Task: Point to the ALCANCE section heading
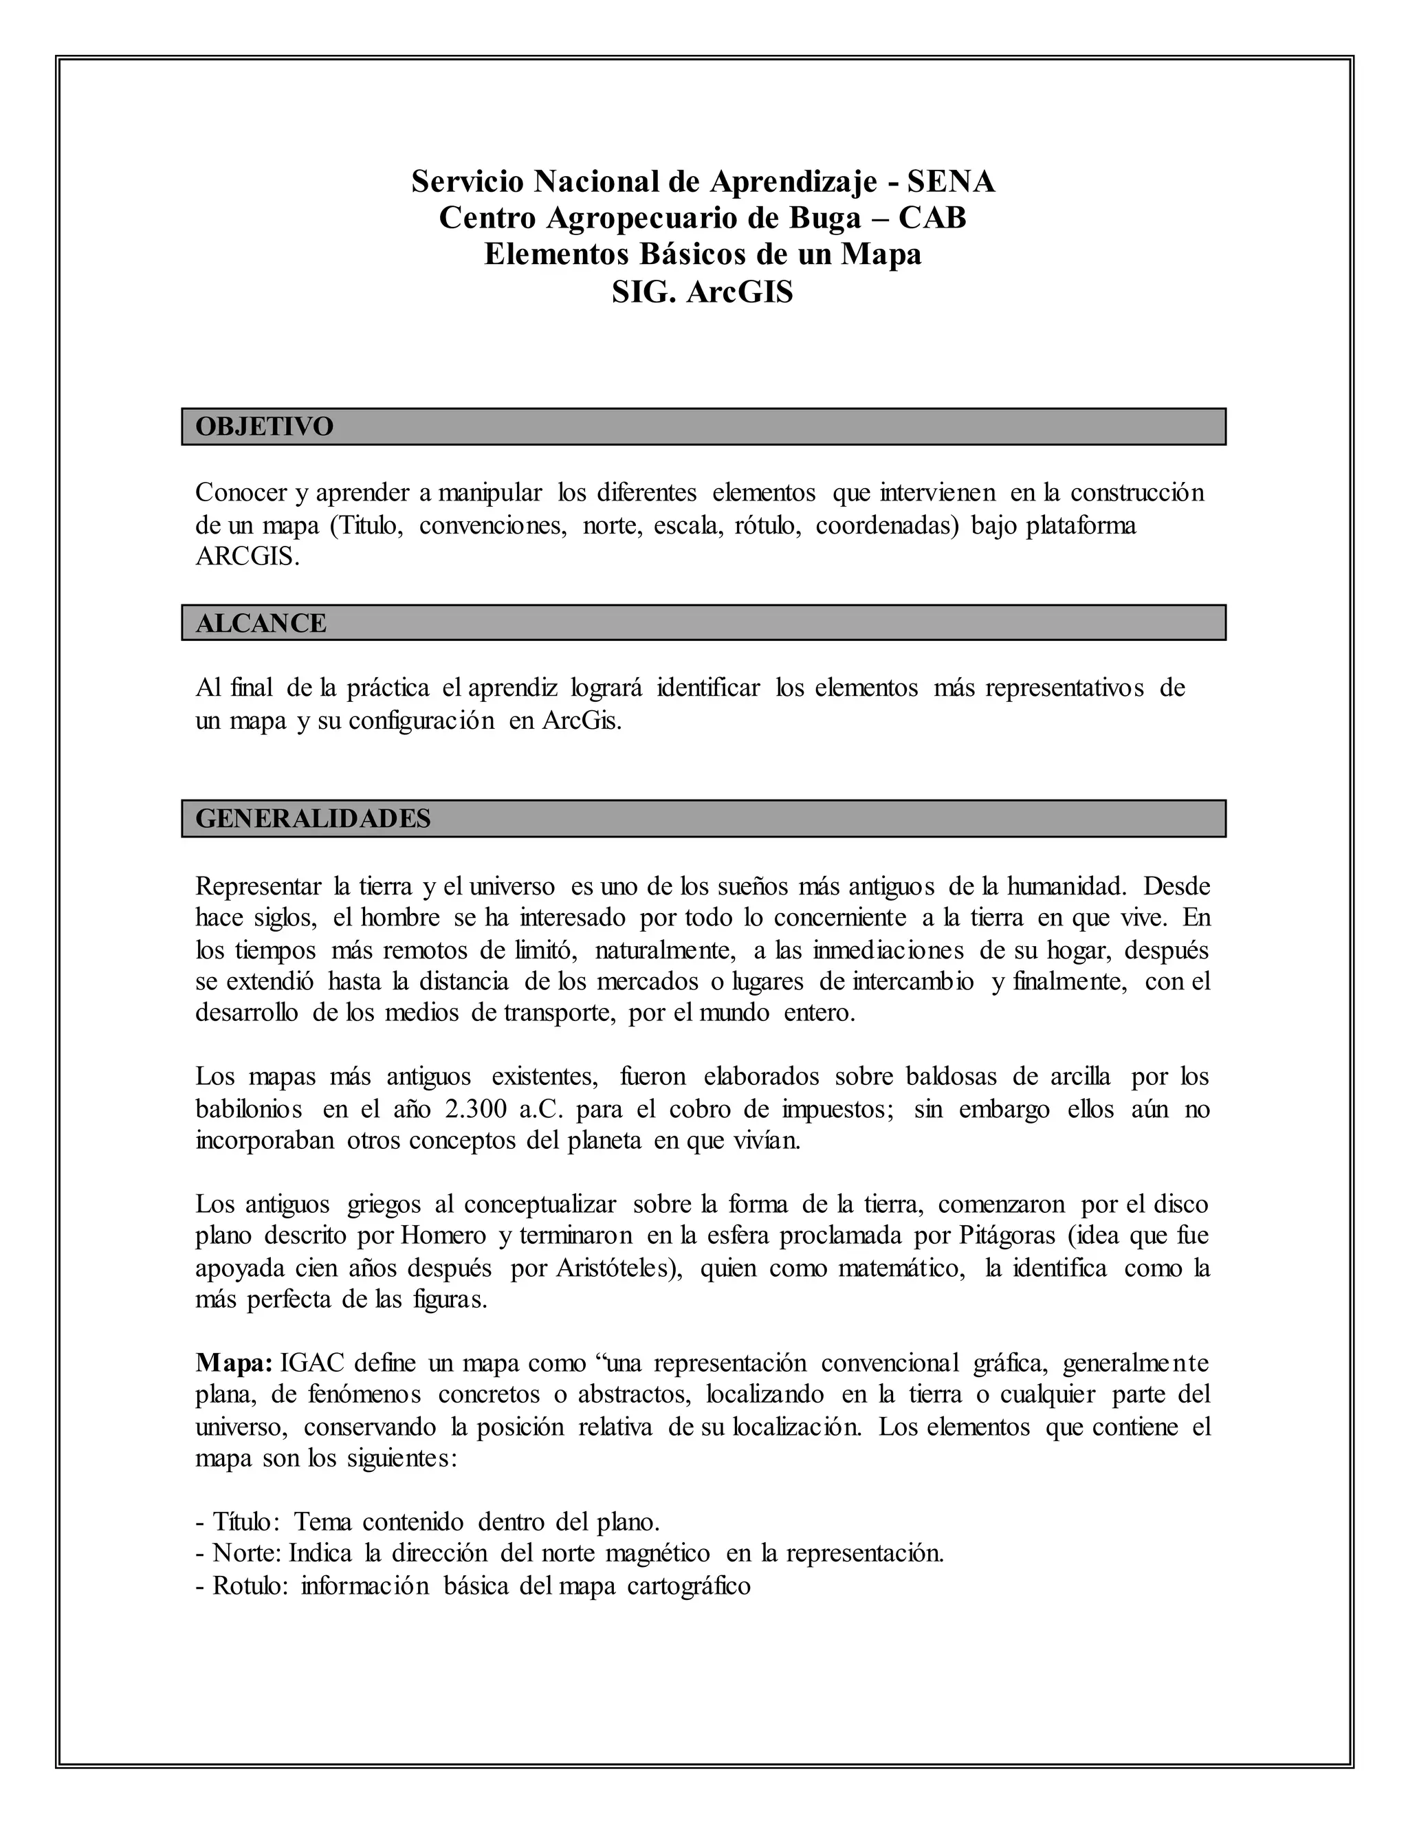261,623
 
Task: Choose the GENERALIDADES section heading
313,818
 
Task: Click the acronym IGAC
310,1363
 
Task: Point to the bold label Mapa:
234,1363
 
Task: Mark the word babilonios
249,1109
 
